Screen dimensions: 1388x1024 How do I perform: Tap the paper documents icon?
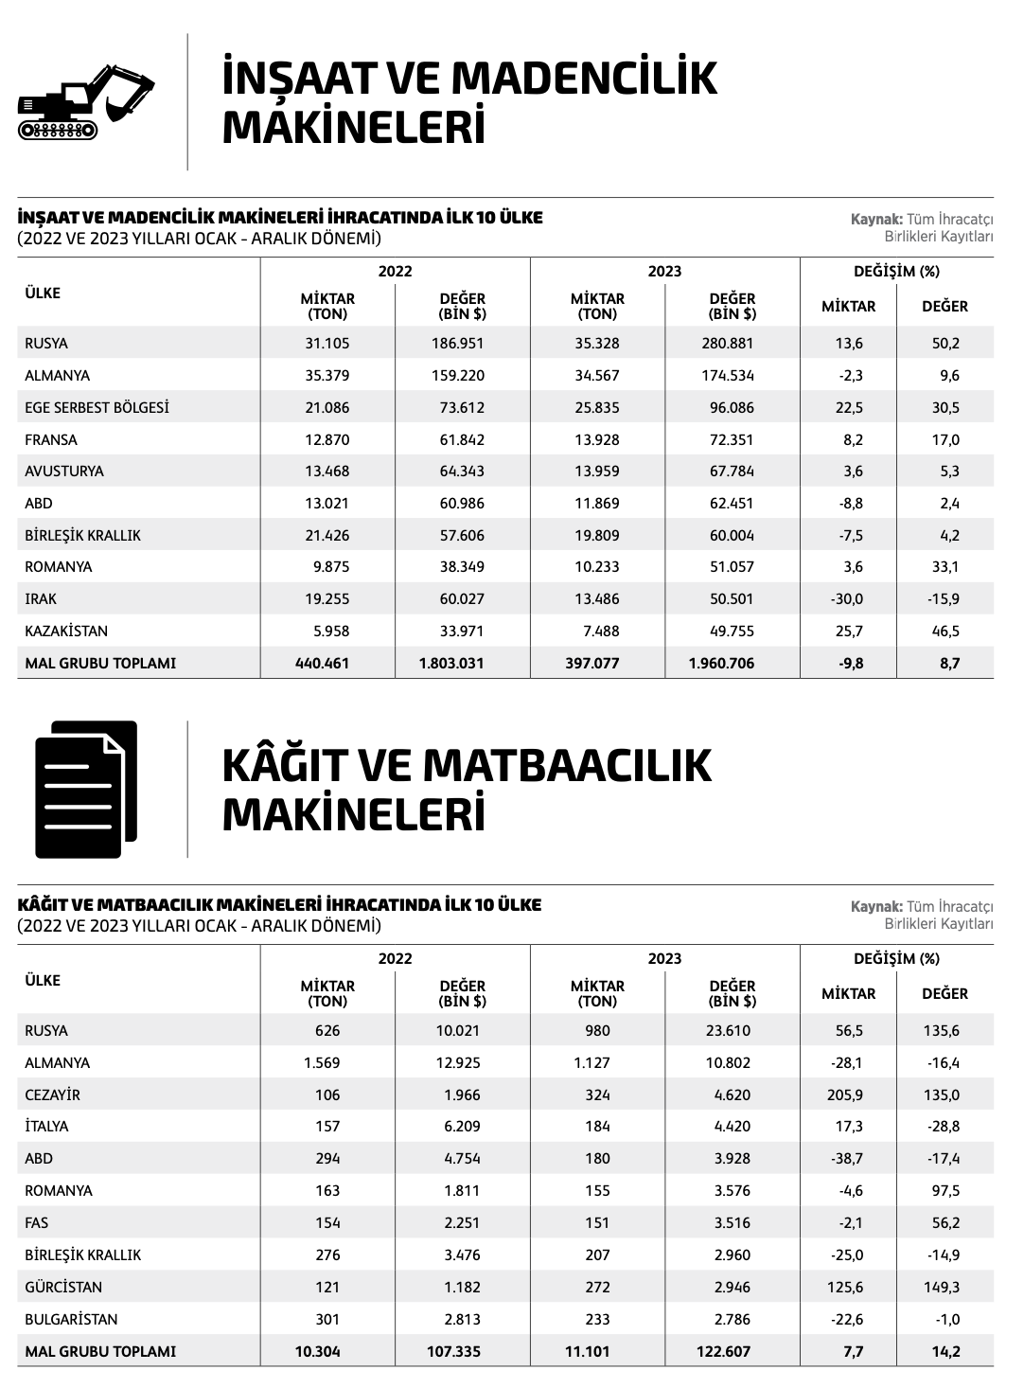(86, 789)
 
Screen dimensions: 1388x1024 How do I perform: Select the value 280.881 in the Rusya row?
(728, 343)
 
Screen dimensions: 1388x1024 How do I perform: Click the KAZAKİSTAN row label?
(66, 631)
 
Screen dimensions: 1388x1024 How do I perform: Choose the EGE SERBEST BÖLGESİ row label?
(97, 407)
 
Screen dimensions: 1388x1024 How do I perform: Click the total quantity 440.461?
(323, 663)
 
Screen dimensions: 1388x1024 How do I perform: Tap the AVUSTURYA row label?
(64, 471)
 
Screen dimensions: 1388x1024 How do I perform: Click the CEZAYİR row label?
(52, 1094)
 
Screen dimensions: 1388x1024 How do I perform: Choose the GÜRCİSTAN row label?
(63, 1287)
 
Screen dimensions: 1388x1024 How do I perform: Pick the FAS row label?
(36, 1222)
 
